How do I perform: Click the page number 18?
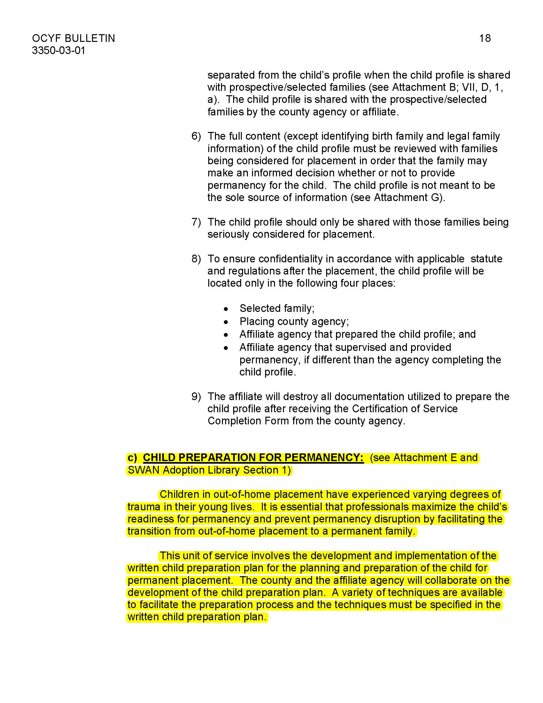pyautogui.click(x=485, y=38)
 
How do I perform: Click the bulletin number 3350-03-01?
pyautogui.click(x=58, y=50)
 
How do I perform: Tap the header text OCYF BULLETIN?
pyautogui.click(x=73, y=38)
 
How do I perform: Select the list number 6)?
pyautogui.click(x=196, y=136)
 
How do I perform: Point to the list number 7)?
pyautogui.click(x=196, y=222)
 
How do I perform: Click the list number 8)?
pyautogui.click(x=196, y=259)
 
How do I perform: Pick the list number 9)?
pyautogui.click(x=196, y=397)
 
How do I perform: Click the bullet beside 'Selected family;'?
pyautogui.click(x=226, y=309)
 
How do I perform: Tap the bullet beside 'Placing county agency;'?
pyautogui.click(x=226, y=322)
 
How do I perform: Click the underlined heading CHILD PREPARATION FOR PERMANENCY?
pyautogui.click(x=253, y=458)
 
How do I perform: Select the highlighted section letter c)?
pyautogui.click(x=132, y=458)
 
